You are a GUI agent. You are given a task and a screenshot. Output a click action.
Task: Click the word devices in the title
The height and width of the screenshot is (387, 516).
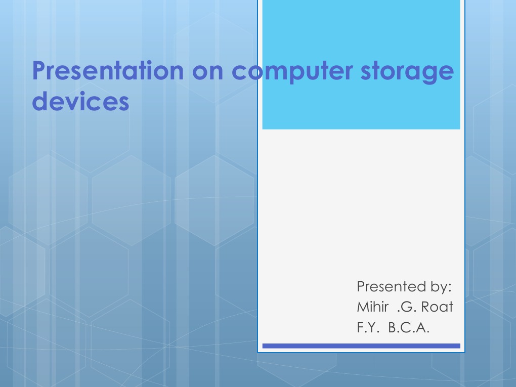(80, 101)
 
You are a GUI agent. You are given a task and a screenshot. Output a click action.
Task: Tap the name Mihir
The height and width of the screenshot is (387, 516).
(372, 307)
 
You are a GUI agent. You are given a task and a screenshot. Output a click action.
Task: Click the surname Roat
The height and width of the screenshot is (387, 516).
(437, 307)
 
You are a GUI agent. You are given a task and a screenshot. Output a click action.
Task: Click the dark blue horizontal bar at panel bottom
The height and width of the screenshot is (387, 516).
(361, 346)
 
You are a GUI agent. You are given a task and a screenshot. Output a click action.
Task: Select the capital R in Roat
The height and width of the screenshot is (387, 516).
(425, 307)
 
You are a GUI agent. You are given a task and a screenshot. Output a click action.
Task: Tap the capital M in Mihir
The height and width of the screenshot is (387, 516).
(362, 307)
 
